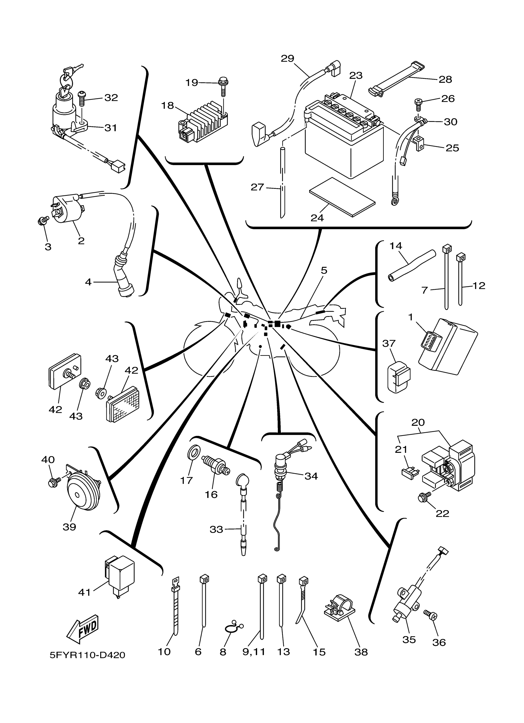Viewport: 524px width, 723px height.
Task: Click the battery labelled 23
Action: point(344,137)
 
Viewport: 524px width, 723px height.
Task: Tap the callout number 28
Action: point(445,79)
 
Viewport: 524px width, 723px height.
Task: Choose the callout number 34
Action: point(311,476)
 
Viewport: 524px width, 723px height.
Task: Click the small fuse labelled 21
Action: point(410,473)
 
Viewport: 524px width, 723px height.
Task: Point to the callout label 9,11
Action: point(254,652)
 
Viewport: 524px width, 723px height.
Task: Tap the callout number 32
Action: point(111,98)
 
